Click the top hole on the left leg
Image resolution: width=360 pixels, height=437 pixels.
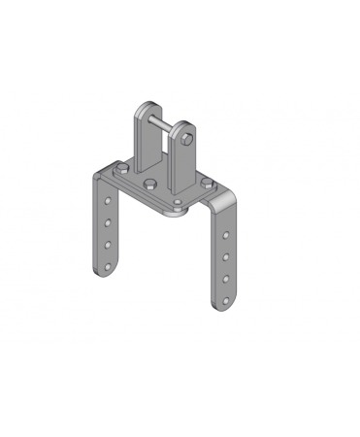click(106, 202)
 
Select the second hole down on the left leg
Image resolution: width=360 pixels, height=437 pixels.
click(106, 220)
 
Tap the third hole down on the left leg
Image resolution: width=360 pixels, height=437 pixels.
click(106, 239)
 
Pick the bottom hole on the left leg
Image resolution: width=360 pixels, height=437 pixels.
click(107, 257)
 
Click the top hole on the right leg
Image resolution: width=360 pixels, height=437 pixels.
click(226, 236)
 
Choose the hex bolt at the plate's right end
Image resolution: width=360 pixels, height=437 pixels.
click(206, 179)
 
